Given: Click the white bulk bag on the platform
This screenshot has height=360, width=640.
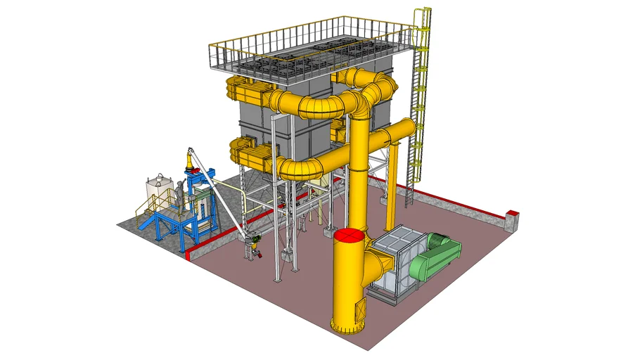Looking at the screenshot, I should (x=159, y=189).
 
